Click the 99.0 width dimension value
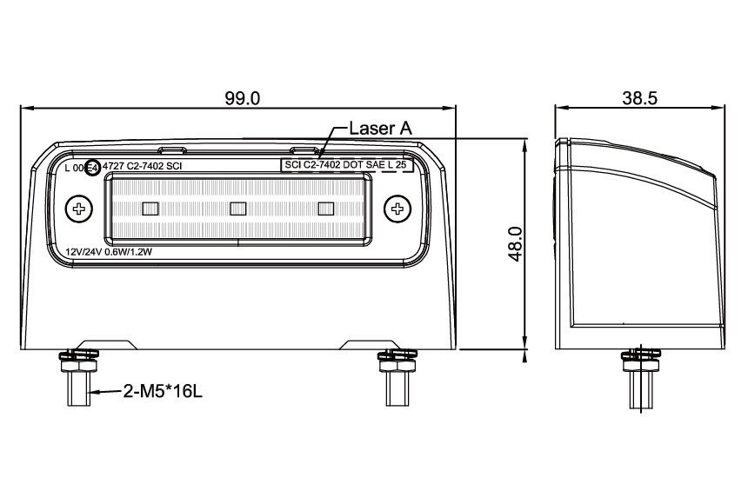[242, 98]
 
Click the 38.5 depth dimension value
[639, 98]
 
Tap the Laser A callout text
[380, 128]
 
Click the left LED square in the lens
[149, 208]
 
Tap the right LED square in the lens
[326, 208]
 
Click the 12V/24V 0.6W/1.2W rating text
[110, 252]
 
